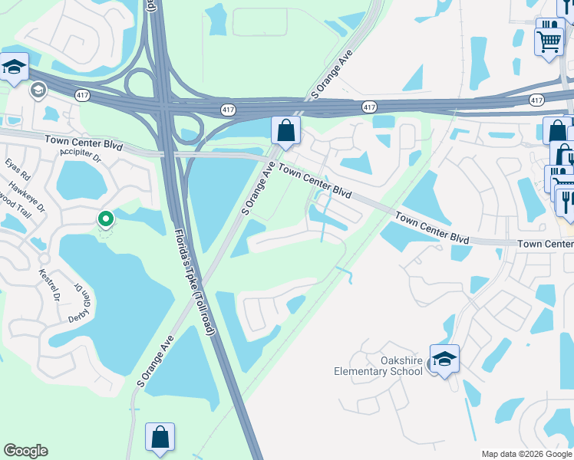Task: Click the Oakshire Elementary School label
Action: click(x=379, y=366)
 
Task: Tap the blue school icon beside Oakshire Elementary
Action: click(x=444, y=359)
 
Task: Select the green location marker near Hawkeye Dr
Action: click(x=106, y=219)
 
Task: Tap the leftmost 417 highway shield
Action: click(x=82, y=94)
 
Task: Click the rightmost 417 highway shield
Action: click(x=537, y=100)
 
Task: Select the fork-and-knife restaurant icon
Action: click(x=566, y=202)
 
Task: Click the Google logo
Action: click(x=25, y=451)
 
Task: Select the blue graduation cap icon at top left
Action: click(x=13, y=67)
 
